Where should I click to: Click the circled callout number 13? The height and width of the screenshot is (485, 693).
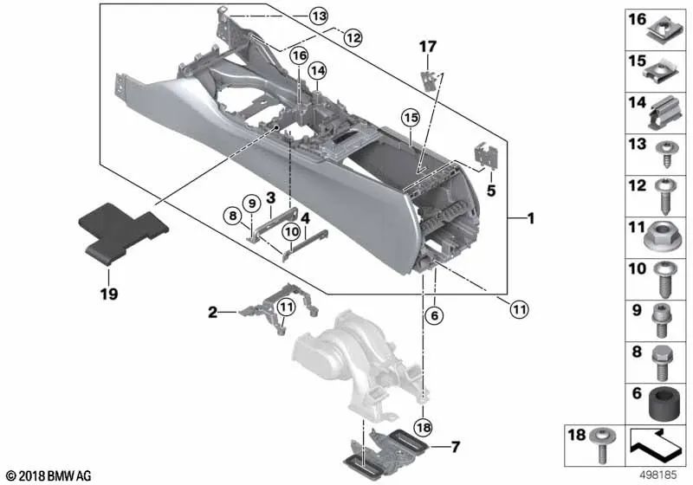318,16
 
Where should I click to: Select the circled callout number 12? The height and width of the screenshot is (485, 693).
353,37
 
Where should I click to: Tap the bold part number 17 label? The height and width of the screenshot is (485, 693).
428,47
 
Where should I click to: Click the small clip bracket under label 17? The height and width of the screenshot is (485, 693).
430,80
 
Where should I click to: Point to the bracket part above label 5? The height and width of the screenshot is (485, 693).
485,155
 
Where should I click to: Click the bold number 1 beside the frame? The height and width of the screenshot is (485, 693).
531,218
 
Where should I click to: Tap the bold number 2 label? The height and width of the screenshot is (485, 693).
212,313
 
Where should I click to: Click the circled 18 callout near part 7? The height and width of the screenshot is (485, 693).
423,427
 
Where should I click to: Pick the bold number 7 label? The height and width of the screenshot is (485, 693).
456,447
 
